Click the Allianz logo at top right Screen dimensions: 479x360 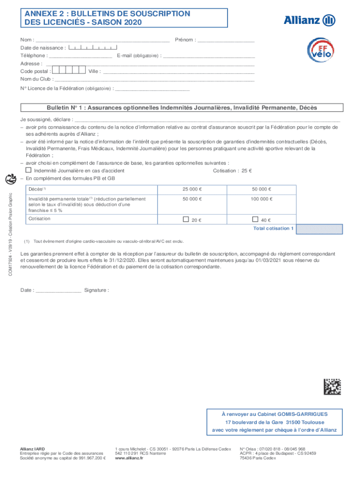(x=310, y=20)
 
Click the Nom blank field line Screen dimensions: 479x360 (x=102, y=41)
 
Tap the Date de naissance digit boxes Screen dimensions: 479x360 (x=93, y=47)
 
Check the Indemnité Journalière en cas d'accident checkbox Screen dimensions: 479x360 (x=28, y=170)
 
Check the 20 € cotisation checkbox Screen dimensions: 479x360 (x=186, y=219)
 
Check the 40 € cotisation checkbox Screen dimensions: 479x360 (x=255, y=219)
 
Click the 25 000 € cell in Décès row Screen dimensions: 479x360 (x=193, y=189)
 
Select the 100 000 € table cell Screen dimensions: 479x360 (x=262, y=199)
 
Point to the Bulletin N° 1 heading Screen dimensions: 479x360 (x=181, y=108)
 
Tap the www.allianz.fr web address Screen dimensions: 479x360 (x=129, y=458)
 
